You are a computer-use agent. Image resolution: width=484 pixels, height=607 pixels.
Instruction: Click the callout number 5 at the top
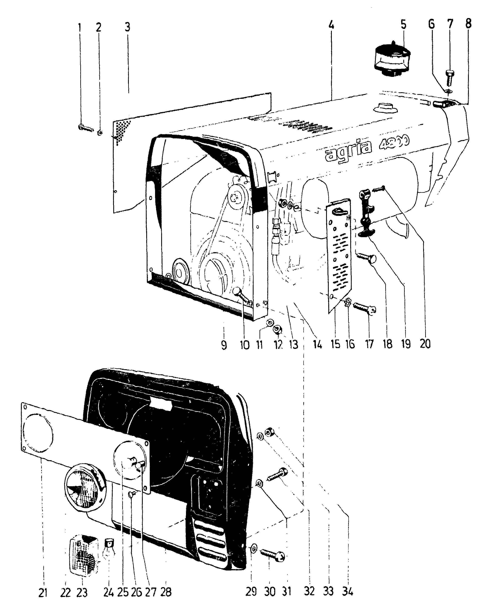[x=403, y=25]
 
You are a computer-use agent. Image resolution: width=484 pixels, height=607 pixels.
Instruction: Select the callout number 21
[x=43, y=593]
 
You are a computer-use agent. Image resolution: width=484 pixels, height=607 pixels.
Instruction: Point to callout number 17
[x=369, y=344]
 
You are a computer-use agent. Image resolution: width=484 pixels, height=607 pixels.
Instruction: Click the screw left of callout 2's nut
[x=85, y=128]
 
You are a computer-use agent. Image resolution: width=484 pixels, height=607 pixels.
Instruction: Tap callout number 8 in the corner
[x=468, y=24]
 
